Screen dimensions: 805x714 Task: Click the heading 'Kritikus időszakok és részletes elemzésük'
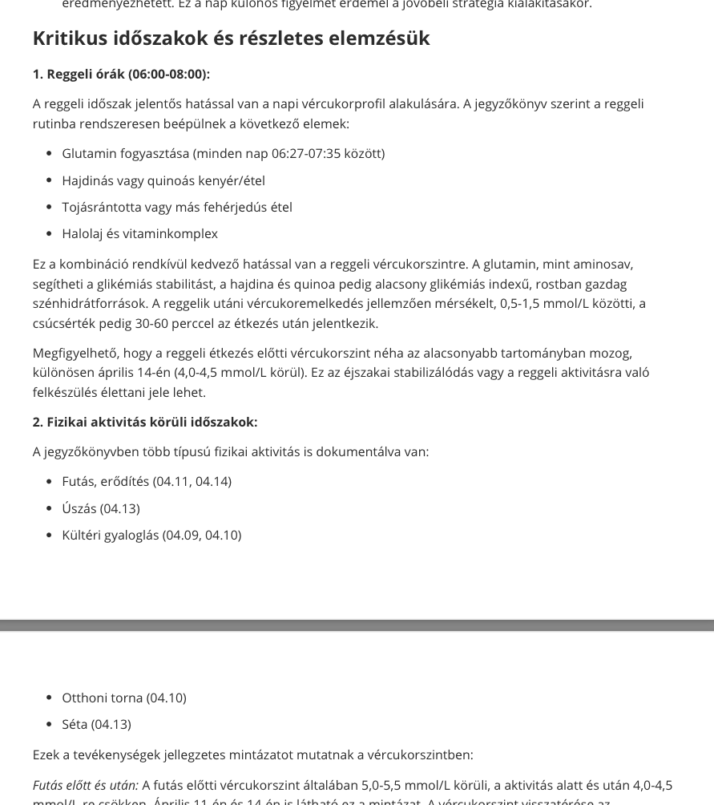[231, 38]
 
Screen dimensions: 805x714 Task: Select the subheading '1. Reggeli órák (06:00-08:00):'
[121, 74]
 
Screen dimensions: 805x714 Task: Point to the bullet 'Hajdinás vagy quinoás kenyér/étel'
[163, 180]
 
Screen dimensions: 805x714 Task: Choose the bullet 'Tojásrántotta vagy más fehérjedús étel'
[177, 207]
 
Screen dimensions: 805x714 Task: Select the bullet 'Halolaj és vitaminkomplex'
[140, 233]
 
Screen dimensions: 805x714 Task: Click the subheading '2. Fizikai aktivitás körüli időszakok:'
[145, 422]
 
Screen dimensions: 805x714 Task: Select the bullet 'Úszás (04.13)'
[101, 508]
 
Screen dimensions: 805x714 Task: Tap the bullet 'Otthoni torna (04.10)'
[124, 698]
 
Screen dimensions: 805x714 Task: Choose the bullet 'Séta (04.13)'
[96, 724]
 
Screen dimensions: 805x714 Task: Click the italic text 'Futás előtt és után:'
[86, 785]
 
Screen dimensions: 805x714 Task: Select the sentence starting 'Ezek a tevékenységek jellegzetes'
[252, 754]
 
